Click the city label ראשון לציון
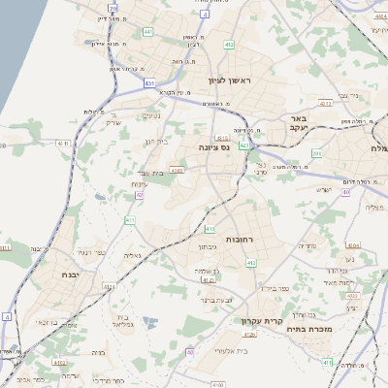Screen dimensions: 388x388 pos(229,81)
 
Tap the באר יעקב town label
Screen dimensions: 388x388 pos(298,123)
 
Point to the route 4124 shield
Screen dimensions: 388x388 pos(109,287)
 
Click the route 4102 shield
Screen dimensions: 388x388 pos(60,362)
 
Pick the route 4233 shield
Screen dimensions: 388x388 pos(352,295)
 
